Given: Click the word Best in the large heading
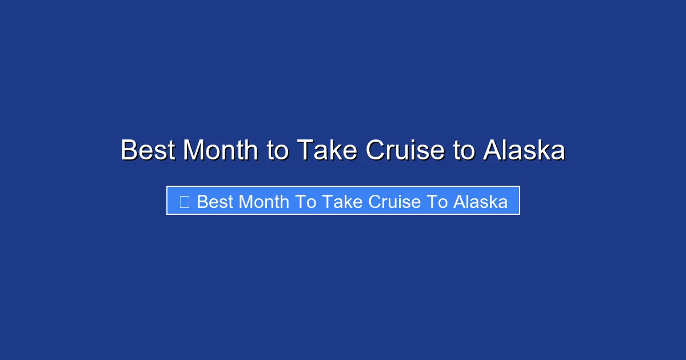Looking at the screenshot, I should click(x=148, y=151).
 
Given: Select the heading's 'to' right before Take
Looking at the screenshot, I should click(x=278, y=151).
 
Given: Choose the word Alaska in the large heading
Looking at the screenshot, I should click(x=524, y=151).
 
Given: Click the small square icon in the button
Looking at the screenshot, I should click(x=184, y=201).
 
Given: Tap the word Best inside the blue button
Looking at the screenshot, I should click(x=214, y=202).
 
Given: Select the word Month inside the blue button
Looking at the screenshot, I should click(x=264, y=202).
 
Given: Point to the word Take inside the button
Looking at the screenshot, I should click(x=341, y=202).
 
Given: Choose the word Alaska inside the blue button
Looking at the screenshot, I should click(x=481, y=202).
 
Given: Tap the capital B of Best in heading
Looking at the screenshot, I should click(x=129, y=151).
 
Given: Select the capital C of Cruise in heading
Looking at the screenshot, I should click(x=376, y=151).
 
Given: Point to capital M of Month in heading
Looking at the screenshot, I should click(x=194, y=151).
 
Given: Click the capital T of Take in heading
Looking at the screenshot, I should click(x=304, y=151).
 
